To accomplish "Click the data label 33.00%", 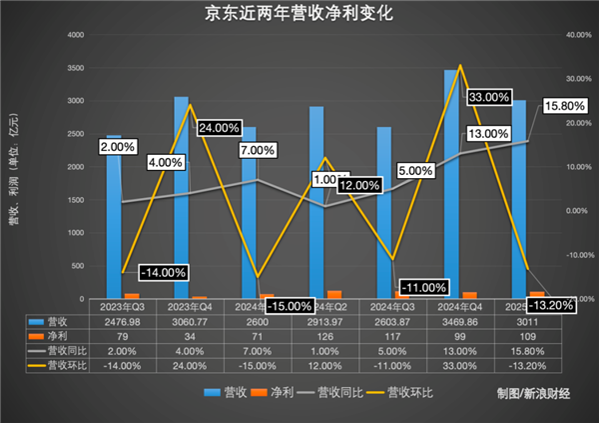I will pyautogui.click(x=491, y=97).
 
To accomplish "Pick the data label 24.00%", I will pyautogui.click(x=219, y=128).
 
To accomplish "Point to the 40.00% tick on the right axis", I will pyautogui.click(x=551, y=35).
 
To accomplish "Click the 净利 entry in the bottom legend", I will pyautogui.click(x=276, y=392).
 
